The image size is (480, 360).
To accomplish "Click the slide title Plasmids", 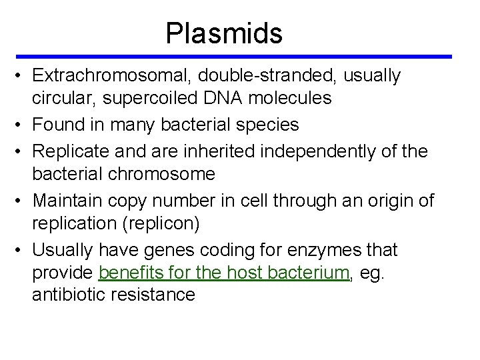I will [x=224, y=33].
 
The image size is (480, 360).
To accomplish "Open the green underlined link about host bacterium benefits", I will [x=224, y=272].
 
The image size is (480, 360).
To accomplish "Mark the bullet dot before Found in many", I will [x=21, y=125].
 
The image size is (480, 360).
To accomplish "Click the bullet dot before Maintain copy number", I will [x=21, y=201].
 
